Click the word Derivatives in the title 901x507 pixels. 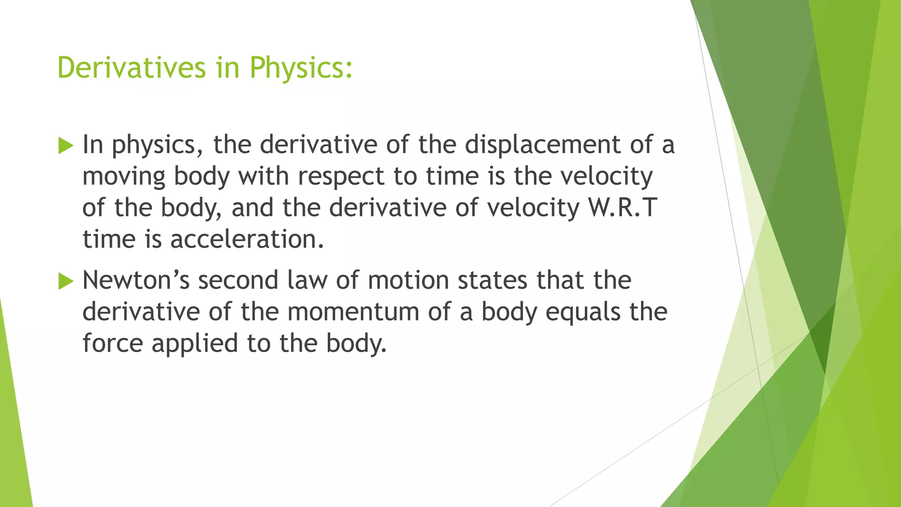132,68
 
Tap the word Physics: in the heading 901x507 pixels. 301,69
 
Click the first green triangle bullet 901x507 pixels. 66,145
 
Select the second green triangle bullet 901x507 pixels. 66,281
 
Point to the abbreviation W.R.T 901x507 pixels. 623,207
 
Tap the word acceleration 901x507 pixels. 247,239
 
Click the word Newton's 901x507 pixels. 136,280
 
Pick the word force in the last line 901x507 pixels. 113,343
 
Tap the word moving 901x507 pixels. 124,177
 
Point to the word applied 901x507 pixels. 194,344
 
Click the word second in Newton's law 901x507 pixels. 238,280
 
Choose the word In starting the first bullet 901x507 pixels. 93,144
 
